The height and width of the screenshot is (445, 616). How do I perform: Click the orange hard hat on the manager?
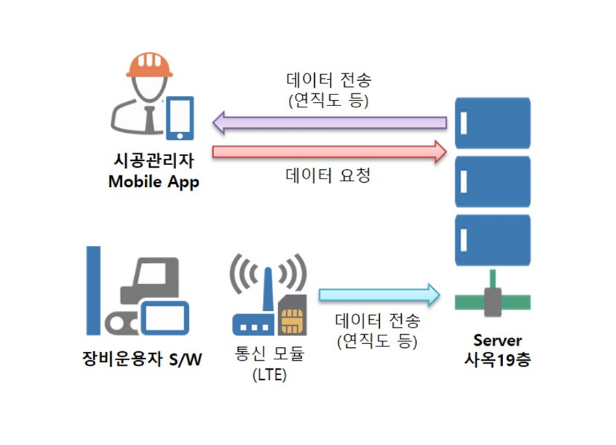point(149,66)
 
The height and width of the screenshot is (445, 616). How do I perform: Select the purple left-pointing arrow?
point(329,123)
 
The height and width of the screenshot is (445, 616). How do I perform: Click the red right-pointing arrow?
point(329,151)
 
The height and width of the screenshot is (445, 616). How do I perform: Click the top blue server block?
point(493,123)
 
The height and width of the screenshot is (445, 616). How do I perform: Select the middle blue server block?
point(493,181)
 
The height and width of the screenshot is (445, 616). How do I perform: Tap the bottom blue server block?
point(493,240)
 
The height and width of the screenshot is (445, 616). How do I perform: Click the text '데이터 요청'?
point(328,176)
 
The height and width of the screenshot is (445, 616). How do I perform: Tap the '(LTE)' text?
point(269,375)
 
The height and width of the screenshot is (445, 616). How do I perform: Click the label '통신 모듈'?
point(268,355)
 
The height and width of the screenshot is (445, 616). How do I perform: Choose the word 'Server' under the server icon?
point(498,340)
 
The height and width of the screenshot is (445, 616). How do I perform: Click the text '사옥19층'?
point(498,359)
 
